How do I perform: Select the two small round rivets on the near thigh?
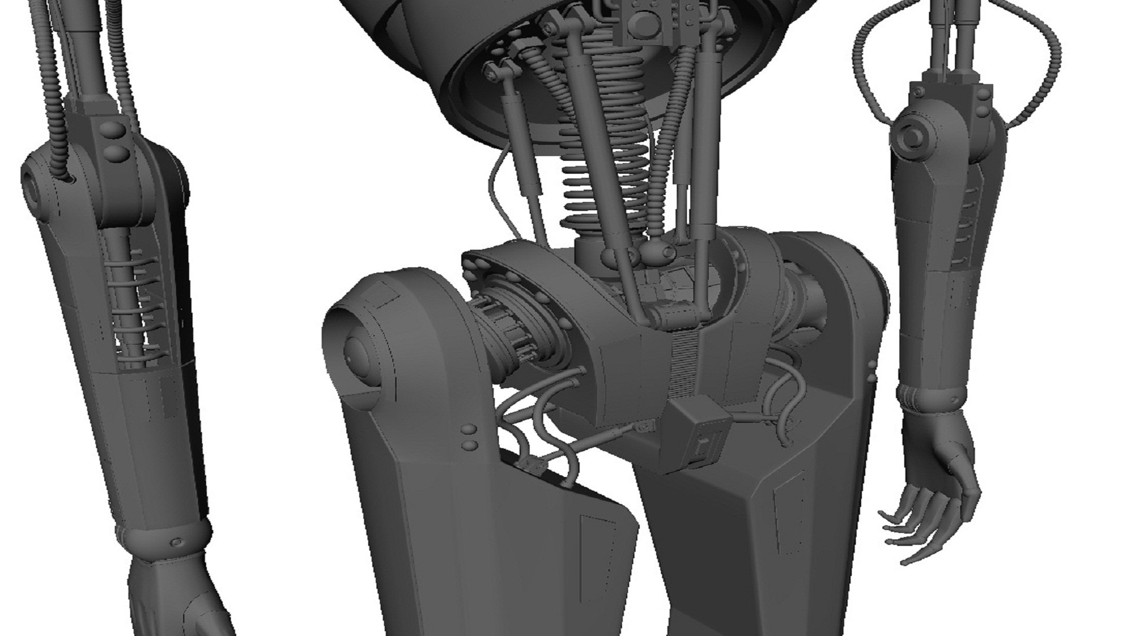click(x=470, y=437)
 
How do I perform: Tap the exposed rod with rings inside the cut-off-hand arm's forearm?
click(x=124, y=306)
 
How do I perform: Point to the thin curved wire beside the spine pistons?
click(x=495, y=188)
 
